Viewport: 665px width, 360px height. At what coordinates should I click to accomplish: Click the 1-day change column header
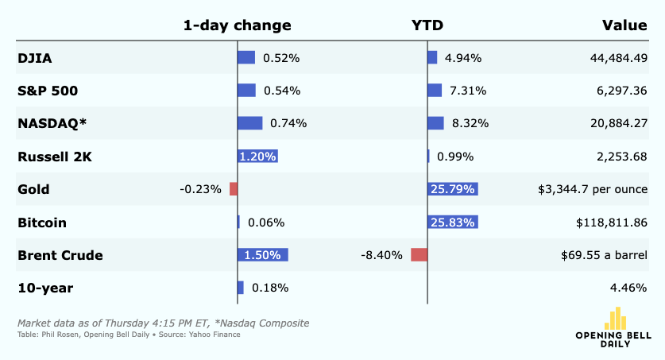(x=237, y=25)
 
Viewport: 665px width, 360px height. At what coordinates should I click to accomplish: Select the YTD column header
(x=427, y=25)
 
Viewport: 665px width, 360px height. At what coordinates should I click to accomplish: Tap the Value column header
(x=624, y=25)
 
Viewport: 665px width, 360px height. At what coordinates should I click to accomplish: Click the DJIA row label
(x=35, y=58)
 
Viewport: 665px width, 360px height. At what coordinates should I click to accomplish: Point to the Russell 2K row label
(x=55, y=157)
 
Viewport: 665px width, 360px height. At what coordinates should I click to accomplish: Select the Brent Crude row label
(x=60, y=255)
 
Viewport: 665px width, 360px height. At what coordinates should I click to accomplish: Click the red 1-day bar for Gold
(x=234, y=189)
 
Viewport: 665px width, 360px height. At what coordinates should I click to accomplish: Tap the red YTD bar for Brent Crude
(x=419, y=255)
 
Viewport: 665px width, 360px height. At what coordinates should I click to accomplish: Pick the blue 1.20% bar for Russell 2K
(x=258, y=157)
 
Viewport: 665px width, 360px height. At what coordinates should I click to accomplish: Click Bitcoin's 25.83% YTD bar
(x=453, y=223)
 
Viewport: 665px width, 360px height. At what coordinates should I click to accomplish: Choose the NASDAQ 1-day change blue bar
(x=249, y=123)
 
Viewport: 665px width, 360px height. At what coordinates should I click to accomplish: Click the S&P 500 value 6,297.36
(x=622, y=91)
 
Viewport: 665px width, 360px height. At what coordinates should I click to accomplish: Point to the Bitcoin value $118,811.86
(x=612, y=223)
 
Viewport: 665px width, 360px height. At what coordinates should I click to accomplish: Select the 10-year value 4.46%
(x=628, y=288)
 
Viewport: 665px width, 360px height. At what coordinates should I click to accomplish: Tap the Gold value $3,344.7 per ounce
(x=593, y=189)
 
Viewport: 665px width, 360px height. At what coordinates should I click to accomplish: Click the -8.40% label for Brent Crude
(x=381, y=255)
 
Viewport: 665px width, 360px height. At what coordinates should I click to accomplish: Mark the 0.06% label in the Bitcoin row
(x=266, y=223)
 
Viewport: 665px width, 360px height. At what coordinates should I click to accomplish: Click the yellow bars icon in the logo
(x=616, y=319)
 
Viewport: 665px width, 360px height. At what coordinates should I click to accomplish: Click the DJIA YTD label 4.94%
(x=462, y=58)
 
